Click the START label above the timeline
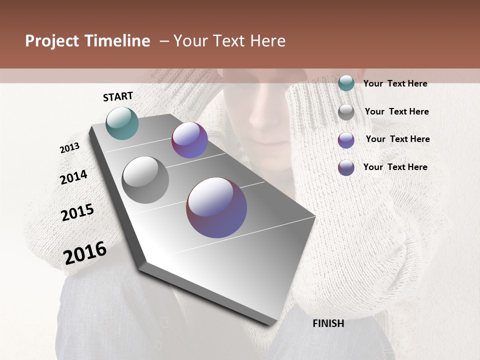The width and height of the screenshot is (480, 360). click(x=118, y=96)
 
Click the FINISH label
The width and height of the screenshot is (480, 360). click(x=328, y=323)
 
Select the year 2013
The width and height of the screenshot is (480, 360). click(x=70, y=148)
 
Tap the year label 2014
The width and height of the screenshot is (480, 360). click(x=73, y=177)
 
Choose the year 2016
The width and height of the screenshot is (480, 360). click(x=85, y=253)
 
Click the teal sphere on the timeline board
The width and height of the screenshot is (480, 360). click(x=122, y=123)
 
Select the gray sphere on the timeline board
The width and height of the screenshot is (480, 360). click(x=145, y=180)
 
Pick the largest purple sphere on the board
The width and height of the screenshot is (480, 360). click(x=216, y=207)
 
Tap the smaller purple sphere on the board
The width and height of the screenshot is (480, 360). click(x=189, y=140)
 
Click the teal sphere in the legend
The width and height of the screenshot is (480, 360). click(x=346, y=83)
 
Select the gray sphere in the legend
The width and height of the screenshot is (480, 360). click(x=346, y=112)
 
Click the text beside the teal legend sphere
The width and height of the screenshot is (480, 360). click(x=395, y=83)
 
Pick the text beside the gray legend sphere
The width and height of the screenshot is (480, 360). click(x=396, y=111)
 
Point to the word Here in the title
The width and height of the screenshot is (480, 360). click(x=268, y=41)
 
